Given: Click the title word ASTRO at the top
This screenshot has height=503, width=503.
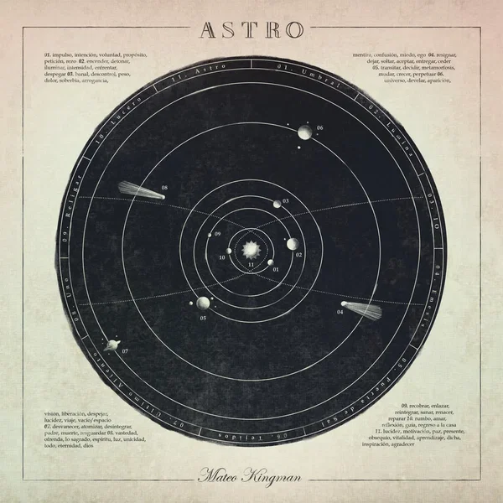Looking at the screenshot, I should pyautogui.click(x=251, y=29).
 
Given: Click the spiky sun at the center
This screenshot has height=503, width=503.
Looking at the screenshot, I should pyautogui.click(x=249, y=249).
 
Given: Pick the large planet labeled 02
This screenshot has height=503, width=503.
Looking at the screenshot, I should pyautogui.click(x=292, y=244).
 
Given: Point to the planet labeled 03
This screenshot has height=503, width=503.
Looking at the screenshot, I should pyautogui.click(x=277, y=204).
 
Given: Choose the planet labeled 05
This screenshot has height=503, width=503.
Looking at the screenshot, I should pyautogui.click(x=203, y=303).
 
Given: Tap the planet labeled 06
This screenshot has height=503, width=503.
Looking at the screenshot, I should pyautogui.click(x=304, y=132).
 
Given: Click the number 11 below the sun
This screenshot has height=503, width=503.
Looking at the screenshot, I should pyautogui.click(x=250, y=265).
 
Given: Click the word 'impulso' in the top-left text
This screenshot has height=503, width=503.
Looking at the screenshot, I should pyautogui.click(x=66, y=54).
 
